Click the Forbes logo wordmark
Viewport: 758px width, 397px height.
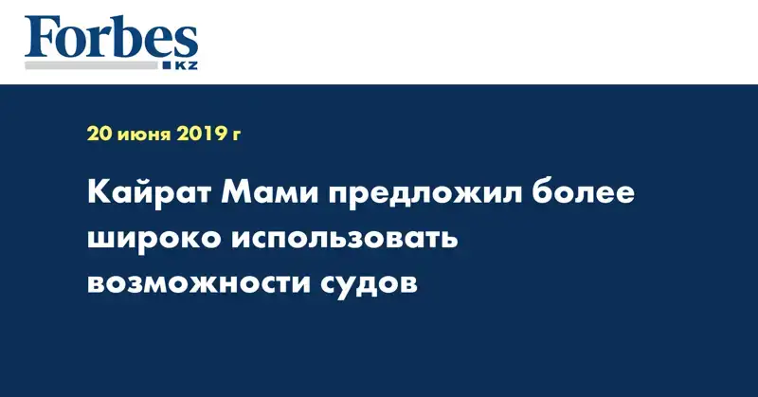click(x=111, y=37)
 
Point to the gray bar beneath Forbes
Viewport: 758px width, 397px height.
click(x=91, y=65)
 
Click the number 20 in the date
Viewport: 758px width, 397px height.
click(x=99, y=134)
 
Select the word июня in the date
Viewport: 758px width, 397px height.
click(x=144, y=135)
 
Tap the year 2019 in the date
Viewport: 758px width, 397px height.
click(x=201, y=134)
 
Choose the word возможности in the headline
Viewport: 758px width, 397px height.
click(x=199, y=283)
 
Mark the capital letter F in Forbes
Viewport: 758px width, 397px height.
click(x=41, y=37)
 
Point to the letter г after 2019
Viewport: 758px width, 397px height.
click(x=235, y=135)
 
